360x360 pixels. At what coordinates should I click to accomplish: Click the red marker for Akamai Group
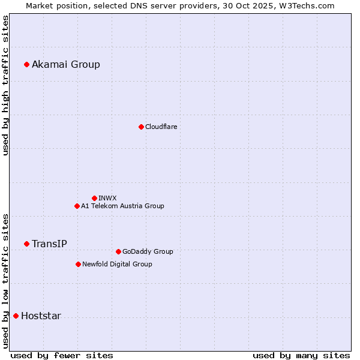point(26,64)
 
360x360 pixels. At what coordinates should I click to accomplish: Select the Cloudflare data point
point(141,127)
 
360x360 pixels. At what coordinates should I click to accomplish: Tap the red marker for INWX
point(94,198)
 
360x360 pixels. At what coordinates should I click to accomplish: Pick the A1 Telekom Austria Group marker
point(77,206)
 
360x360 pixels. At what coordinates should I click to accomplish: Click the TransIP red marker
point(26,244)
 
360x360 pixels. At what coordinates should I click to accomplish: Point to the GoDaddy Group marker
point(118,251)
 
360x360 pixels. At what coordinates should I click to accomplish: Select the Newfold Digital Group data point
point(78,264)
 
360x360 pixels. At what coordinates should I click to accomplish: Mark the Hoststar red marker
point(16,316)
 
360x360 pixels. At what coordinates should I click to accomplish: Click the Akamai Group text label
point(66,64)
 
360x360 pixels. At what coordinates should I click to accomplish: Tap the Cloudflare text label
point(161,127)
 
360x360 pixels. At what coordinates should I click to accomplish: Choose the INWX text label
point(107,198)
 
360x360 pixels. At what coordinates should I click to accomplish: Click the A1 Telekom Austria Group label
point(122,206)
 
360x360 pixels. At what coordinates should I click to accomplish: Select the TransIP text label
point(49,244)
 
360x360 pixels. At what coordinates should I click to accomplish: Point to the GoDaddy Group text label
point(148,251)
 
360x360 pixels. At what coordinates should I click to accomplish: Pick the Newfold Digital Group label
point(117,264)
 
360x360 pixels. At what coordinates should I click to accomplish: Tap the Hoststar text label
point(41,316)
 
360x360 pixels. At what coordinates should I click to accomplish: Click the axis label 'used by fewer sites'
point(62,355)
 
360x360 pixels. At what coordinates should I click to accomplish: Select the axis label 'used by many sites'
point(301,355)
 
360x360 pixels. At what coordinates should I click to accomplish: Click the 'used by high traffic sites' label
point(5,85)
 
